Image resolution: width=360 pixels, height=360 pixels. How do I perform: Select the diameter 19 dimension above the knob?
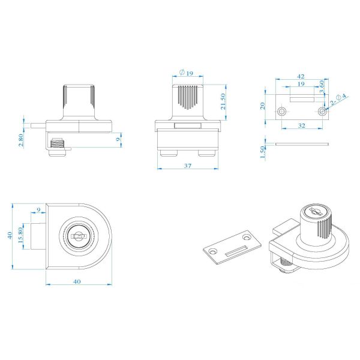point(186,73)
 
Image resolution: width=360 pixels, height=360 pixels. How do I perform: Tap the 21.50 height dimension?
point(223,102)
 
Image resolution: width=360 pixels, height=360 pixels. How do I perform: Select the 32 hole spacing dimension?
point(302,125)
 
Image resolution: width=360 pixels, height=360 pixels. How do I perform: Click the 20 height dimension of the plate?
point(263,106)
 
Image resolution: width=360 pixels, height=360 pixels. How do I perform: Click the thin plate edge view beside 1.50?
point(302,144)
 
